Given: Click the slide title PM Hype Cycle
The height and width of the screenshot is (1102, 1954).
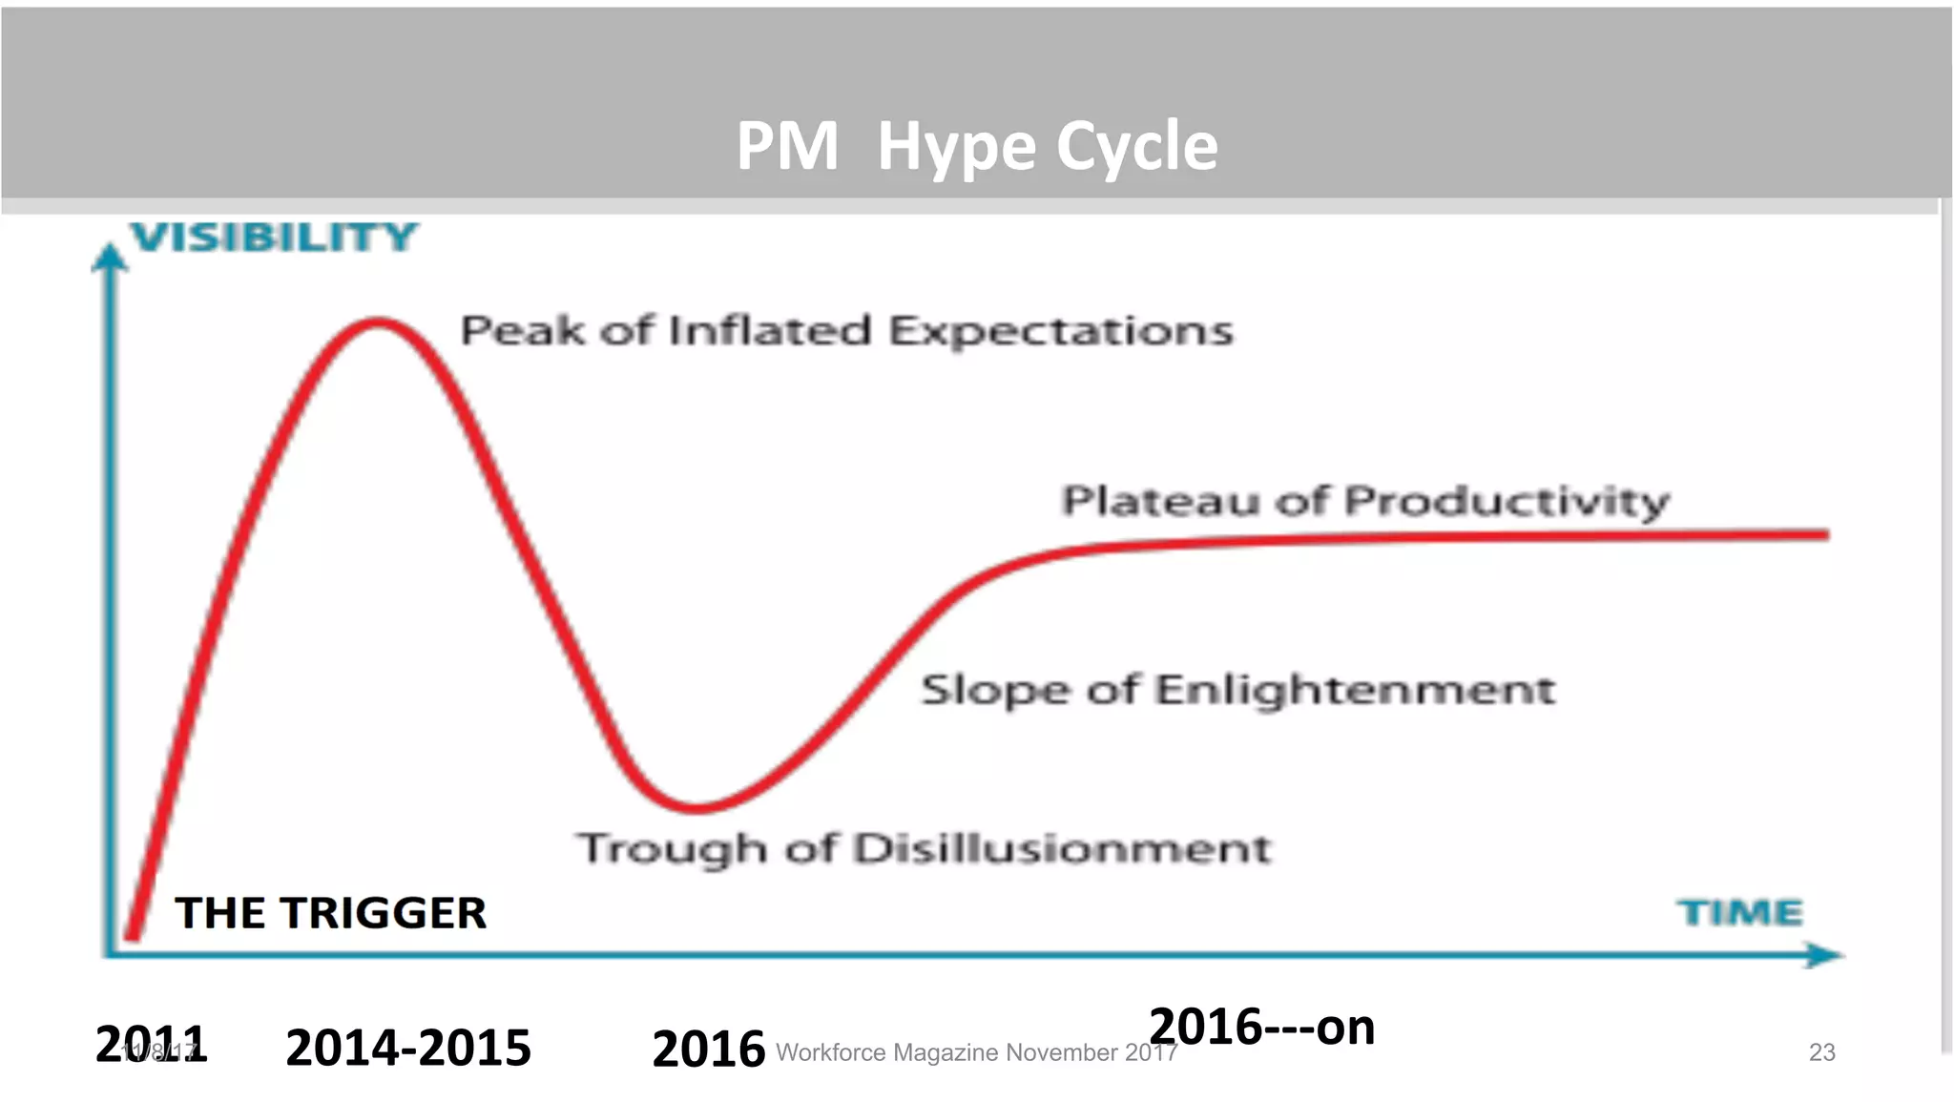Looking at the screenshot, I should pos(977,146).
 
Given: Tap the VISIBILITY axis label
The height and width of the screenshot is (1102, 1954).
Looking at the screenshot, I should pos(275,237).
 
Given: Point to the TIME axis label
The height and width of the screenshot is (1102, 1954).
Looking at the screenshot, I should pos(1740,912).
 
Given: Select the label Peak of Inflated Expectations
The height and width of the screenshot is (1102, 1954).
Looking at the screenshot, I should pos(846,330).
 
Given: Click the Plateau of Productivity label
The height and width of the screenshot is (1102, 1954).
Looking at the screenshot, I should pos(1365,501).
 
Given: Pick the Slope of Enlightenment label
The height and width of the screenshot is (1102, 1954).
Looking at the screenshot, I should pos(1237,689).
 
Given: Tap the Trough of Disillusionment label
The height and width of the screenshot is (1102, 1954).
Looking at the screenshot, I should pos(925,848).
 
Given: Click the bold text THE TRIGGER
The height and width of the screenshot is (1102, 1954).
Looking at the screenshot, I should pos(330,913).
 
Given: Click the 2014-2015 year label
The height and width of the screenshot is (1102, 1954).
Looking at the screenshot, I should pos(407,1048).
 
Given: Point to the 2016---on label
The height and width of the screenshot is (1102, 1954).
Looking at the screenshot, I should pos(1261,1027).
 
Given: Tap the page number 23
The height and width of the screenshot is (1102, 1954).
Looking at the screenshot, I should pos(1821,1052).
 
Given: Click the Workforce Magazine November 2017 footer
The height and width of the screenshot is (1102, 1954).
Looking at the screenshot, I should pos(976,1052).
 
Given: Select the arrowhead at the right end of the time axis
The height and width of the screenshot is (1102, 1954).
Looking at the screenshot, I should pos(1823,954).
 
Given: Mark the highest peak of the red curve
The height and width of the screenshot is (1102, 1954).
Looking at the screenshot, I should pos(379,323).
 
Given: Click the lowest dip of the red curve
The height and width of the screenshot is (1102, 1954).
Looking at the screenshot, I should pos(697,806).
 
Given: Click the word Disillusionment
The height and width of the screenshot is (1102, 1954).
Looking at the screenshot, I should pos(1062,848).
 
